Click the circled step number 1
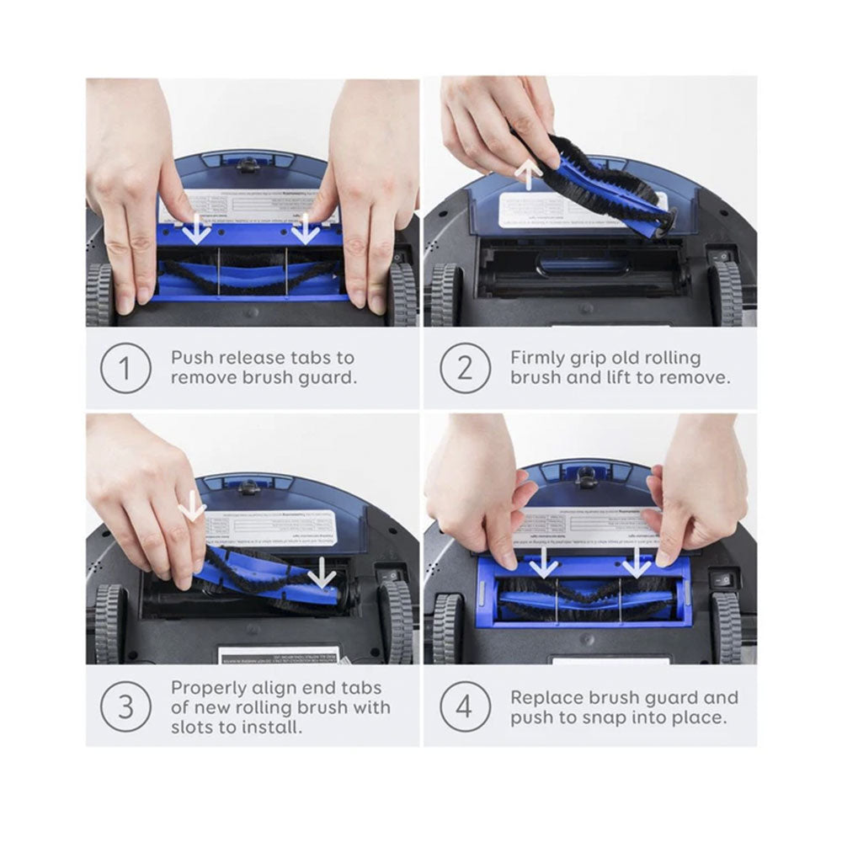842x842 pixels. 125,368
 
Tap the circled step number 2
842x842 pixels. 463,368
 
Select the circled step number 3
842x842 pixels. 125,706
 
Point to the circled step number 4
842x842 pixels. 463,706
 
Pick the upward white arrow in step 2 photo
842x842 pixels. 529,175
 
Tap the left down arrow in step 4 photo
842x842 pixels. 543,562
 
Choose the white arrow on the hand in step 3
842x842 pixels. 193,507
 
